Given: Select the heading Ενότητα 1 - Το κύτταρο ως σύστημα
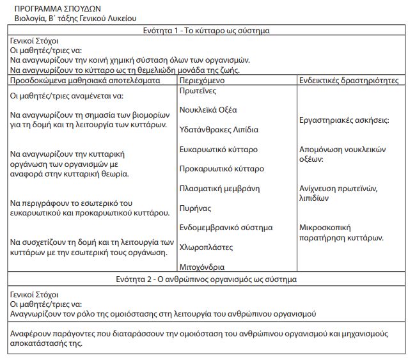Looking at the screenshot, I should tap(207, 31).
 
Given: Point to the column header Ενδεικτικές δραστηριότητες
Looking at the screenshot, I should tap(349, 81).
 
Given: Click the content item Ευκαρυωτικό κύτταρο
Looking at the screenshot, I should tap(219, 150).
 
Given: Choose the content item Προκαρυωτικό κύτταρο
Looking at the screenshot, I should tap(221, 169).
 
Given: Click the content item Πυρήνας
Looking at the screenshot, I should tap(196, 208).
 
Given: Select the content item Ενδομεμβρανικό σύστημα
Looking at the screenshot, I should tap(226, 228).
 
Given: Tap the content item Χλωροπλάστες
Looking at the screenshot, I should tap(206, 247).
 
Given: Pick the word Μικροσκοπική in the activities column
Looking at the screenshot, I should tap(326, 227).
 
